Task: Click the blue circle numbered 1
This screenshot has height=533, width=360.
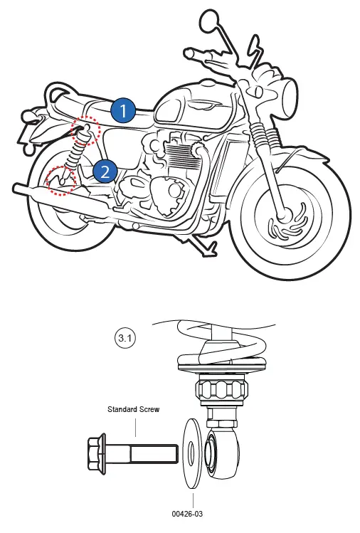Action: coord(123,110)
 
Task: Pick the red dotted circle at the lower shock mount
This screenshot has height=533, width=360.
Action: coord(60,181)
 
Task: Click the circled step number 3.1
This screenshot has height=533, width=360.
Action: coord(126,339)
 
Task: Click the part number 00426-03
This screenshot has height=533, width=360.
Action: coord(192,511)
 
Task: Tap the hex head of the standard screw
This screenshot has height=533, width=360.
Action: coord(97,450)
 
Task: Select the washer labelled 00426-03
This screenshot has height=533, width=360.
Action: coord(192,453)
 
